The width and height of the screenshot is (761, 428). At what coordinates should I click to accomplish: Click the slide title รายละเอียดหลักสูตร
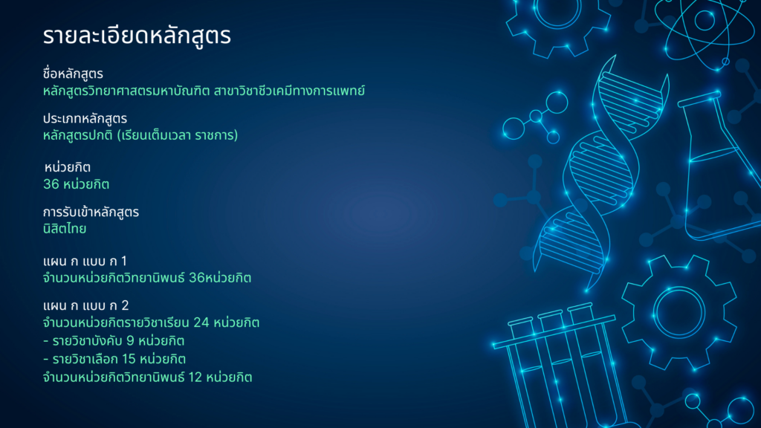(137, 36)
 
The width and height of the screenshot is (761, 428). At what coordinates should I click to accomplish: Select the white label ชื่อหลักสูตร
(73, 74)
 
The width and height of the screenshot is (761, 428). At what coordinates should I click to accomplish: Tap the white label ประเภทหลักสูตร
(85, 118)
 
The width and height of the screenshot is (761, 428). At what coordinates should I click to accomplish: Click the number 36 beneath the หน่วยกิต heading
(51, 184)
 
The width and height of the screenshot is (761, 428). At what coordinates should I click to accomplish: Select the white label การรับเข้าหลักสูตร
(91, 212)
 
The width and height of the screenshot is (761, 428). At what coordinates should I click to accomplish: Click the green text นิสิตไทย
(65, 229)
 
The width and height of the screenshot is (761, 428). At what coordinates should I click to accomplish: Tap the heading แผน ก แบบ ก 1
(85, 261)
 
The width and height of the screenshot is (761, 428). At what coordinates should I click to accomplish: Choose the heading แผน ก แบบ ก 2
(86, 305)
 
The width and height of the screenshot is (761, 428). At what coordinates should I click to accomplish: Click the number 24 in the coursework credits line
(201, 322)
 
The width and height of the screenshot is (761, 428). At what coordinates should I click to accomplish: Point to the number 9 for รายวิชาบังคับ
(130, 341)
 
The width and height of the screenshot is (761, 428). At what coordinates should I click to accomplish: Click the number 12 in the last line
(195, 377)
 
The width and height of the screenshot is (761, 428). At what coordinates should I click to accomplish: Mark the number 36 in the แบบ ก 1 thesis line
(196, 278)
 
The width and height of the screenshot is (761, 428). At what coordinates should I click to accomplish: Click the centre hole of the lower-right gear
(679, 313)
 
